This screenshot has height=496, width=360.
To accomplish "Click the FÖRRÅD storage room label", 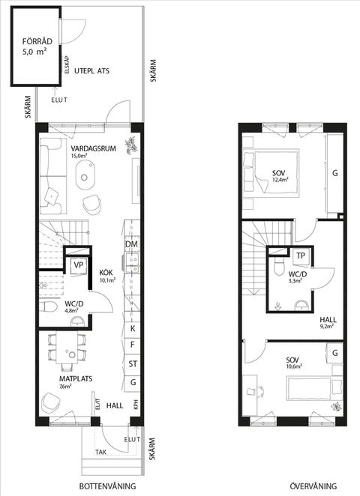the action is pyautogui.click(x=37, y=41).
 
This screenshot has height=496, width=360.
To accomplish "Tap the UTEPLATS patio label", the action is pyautogui.click(x=91, y=71).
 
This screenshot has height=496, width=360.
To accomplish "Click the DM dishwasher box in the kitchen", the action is pyautogui.click(x=132, y=244).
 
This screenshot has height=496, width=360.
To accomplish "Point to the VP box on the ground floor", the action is pyautogui.click(x=78, y=265).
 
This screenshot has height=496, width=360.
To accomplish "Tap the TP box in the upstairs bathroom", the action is pyautogui.click(x=301, y=255).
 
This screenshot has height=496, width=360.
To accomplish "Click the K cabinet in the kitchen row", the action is pyautogui.click(x=132, y=329).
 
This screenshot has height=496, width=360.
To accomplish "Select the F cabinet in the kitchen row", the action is pyautogui.click(x=132, y=345).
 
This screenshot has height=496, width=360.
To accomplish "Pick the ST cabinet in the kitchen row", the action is pyautogui.click(x=132, y=364).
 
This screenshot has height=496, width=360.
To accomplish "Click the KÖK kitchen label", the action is pyautogui.click(x=106, y=273).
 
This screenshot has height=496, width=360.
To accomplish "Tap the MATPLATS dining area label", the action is pyautogui.click(x=76, y=378).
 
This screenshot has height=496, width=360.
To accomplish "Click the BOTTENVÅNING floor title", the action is pyautogui.click(x=107, y=486).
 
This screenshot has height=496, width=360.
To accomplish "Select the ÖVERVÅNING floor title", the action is pyautogui.click(x=313, y=486).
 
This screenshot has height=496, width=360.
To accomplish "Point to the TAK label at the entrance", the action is pyautogui.click(x=101, y=453).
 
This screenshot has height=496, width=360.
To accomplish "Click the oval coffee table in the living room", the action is pyautogui.click(x=85, y=175).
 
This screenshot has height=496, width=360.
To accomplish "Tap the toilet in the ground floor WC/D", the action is pyautogui.click(x=48, y=306).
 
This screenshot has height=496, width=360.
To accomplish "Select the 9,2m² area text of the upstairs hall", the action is pyautogui.click(x=326, y=326).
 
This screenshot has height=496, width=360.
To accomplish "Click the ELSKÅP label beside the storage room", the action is pyautogui.click(x=67, y=65).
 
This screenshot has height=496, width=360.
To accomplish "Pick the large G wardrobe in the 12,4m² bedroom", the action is pyautogui.click(x=335, y=173).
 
